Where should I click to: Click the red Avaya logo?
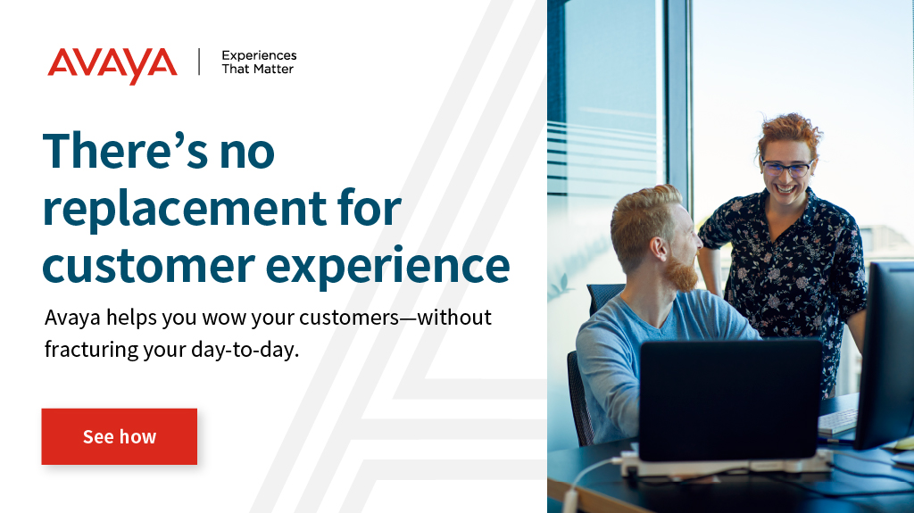click(112, 64)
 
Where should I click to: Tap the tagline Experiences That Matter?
click(258, 62)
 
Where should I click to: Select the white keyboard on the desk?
click(837, 421)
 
